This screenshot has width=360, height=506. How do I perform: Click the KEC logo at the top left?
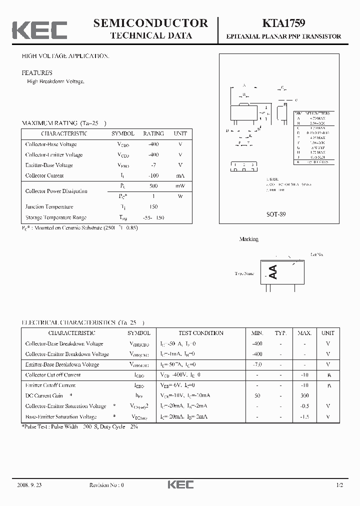point(39,29)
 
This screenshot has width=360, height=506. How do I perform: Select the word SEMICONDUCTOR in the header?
point(150,22)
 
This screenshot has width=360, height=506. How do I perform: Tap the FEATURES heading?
point(37,73)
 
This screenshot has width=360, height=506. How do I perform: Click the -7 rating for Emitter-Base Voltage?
point(153,165)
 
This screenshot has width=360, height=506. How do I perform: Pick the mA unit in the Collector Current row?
point(180,175)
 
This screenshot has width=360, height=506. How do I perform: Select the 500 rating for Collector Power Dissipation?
point(153,186)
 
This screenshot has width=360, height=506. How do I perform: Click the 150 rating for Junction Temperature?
point(153,207)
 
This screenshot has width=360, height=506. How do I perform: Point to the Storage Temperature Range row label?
point(56,217)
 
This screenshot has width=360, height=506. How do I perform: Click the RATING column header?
point(153,133)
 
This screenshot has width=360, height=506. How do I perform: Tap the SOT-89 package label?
point(276,213)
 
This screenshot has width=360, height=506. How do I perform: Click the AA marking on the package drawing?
point(273,272)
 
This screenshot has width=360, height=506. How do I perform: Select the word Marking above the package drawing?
point(249,239)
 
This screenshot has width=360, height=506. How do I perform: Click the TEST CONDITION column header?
point(201,333)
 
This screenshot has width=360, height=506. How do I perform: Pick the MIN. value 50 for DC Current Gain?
point(257,395)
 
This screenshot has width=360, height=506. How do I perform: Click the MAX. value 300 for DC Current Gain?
point(304,395)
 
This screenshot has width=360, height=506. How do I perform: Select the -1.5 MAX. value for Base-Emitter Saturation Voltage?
point(304,416)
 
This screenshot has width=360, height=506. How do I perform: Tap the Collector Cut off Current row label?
point(53,375)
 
